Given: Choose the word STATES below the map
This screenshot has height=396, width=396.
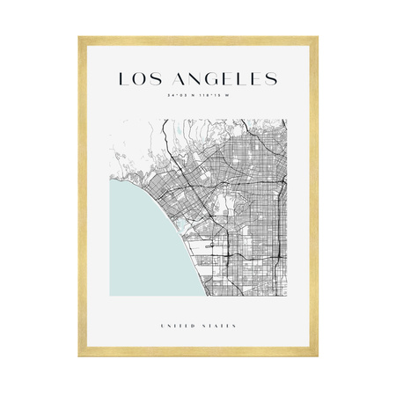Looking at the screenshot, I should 220,326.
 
